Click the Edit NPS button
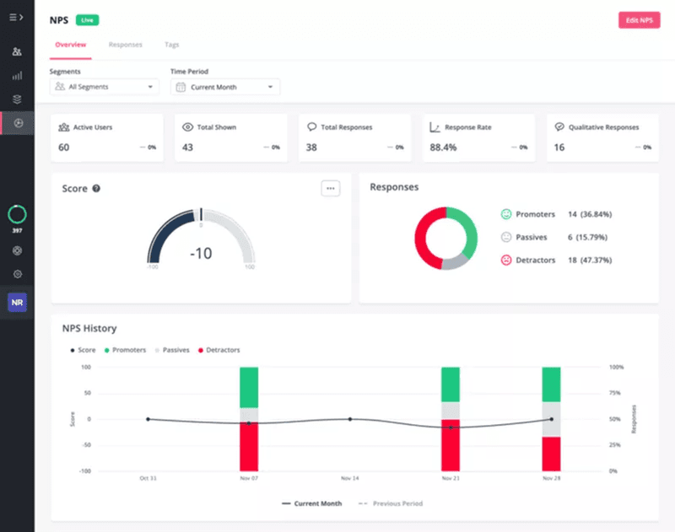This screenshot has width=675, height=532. coord(639,20)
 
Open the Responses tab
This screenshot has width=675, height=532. coord(126,45)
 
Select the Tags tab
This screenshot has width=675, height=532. coord(172,45)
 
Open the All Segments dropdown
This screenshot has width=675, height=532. coord(105,87)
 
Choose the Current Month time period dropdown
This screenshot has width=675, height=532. coord(225,87)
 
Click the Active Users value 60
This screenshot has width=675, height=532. coord(64,148)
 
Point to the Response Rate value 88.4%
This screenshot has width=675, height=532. coord(443,148)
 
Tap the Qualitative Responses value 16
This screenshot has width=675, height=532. coord(559,148)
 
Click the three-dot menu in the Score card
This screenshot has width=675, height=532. coord(330,188)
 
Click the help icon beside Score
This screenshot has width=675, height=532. coord(96,189)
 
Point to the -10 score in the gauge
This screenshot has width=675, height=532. coord(201,253)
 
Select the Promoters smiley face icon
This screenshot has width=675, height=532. coord(506,214)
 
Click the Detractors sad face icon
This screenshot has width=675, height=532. coord(506,260)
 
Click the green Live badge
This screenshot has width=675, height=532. coord(86,19)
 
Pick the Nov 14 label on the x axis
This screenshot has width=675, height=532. coord(349,478)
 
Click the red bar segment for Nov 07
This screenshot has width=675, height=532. coord(249,446)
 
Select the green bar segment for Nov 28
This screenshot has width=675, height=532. coord(551,384)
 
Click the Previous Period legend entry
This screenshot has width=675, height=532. coord(391,503)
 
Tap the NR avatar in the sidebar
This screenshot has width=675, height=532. coord(17,302)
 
